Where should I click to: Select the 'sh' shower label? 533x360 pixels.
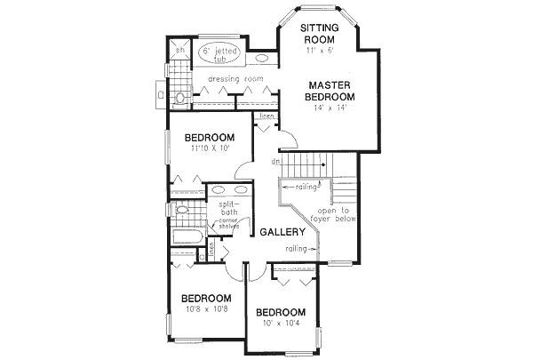pos(177,51)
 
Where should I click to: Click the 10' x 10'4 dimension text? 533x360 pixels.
pos(281,324)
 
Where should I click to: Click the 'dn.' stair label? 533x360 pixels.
pos(279,162)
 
